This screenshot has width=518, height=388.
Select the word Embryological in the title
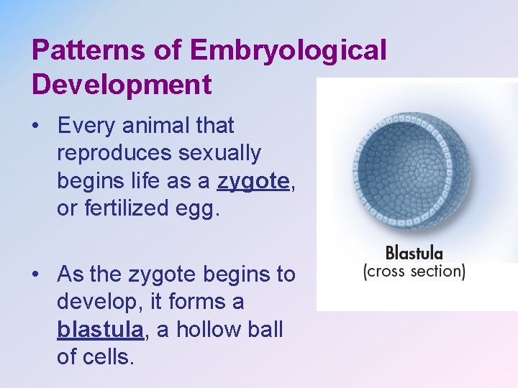(288, 50)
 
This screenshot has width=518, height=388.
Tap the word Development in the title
(121, 84)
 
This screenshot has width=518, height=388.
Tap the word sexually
(221, 153)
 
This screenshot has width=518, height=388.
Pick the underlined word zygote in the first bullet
(253, 182)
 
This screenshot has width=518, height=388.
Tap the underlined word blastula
(100, 330)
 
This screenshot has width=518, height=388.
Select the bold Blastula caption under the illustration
(414, 253)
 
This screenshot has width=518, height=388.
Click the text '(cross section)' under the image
(414, 272)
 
